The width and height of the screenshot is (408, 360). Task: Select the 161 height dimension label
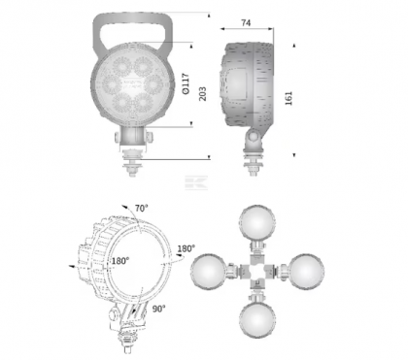[x=289, y=99]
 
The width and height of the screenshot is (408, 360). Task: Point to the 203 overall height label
[x=202, y=93]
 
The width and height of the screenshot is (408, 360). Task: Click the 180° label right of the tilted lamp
[x=187, y=247]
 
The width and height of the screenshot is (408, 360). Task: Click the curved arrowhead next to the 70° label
[x=125, y=209]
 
